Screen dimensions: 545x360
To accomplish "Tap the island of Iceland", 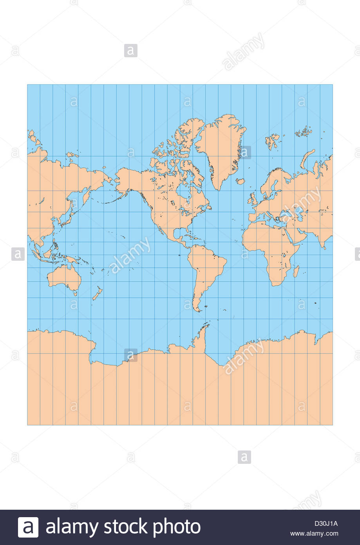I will click(x=241, y=181).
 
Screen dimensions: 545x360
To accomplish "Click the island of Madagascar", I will click(x=296, y=271).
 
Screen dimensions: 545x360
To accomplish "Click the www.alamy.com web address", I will click(x=314, y=533).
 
